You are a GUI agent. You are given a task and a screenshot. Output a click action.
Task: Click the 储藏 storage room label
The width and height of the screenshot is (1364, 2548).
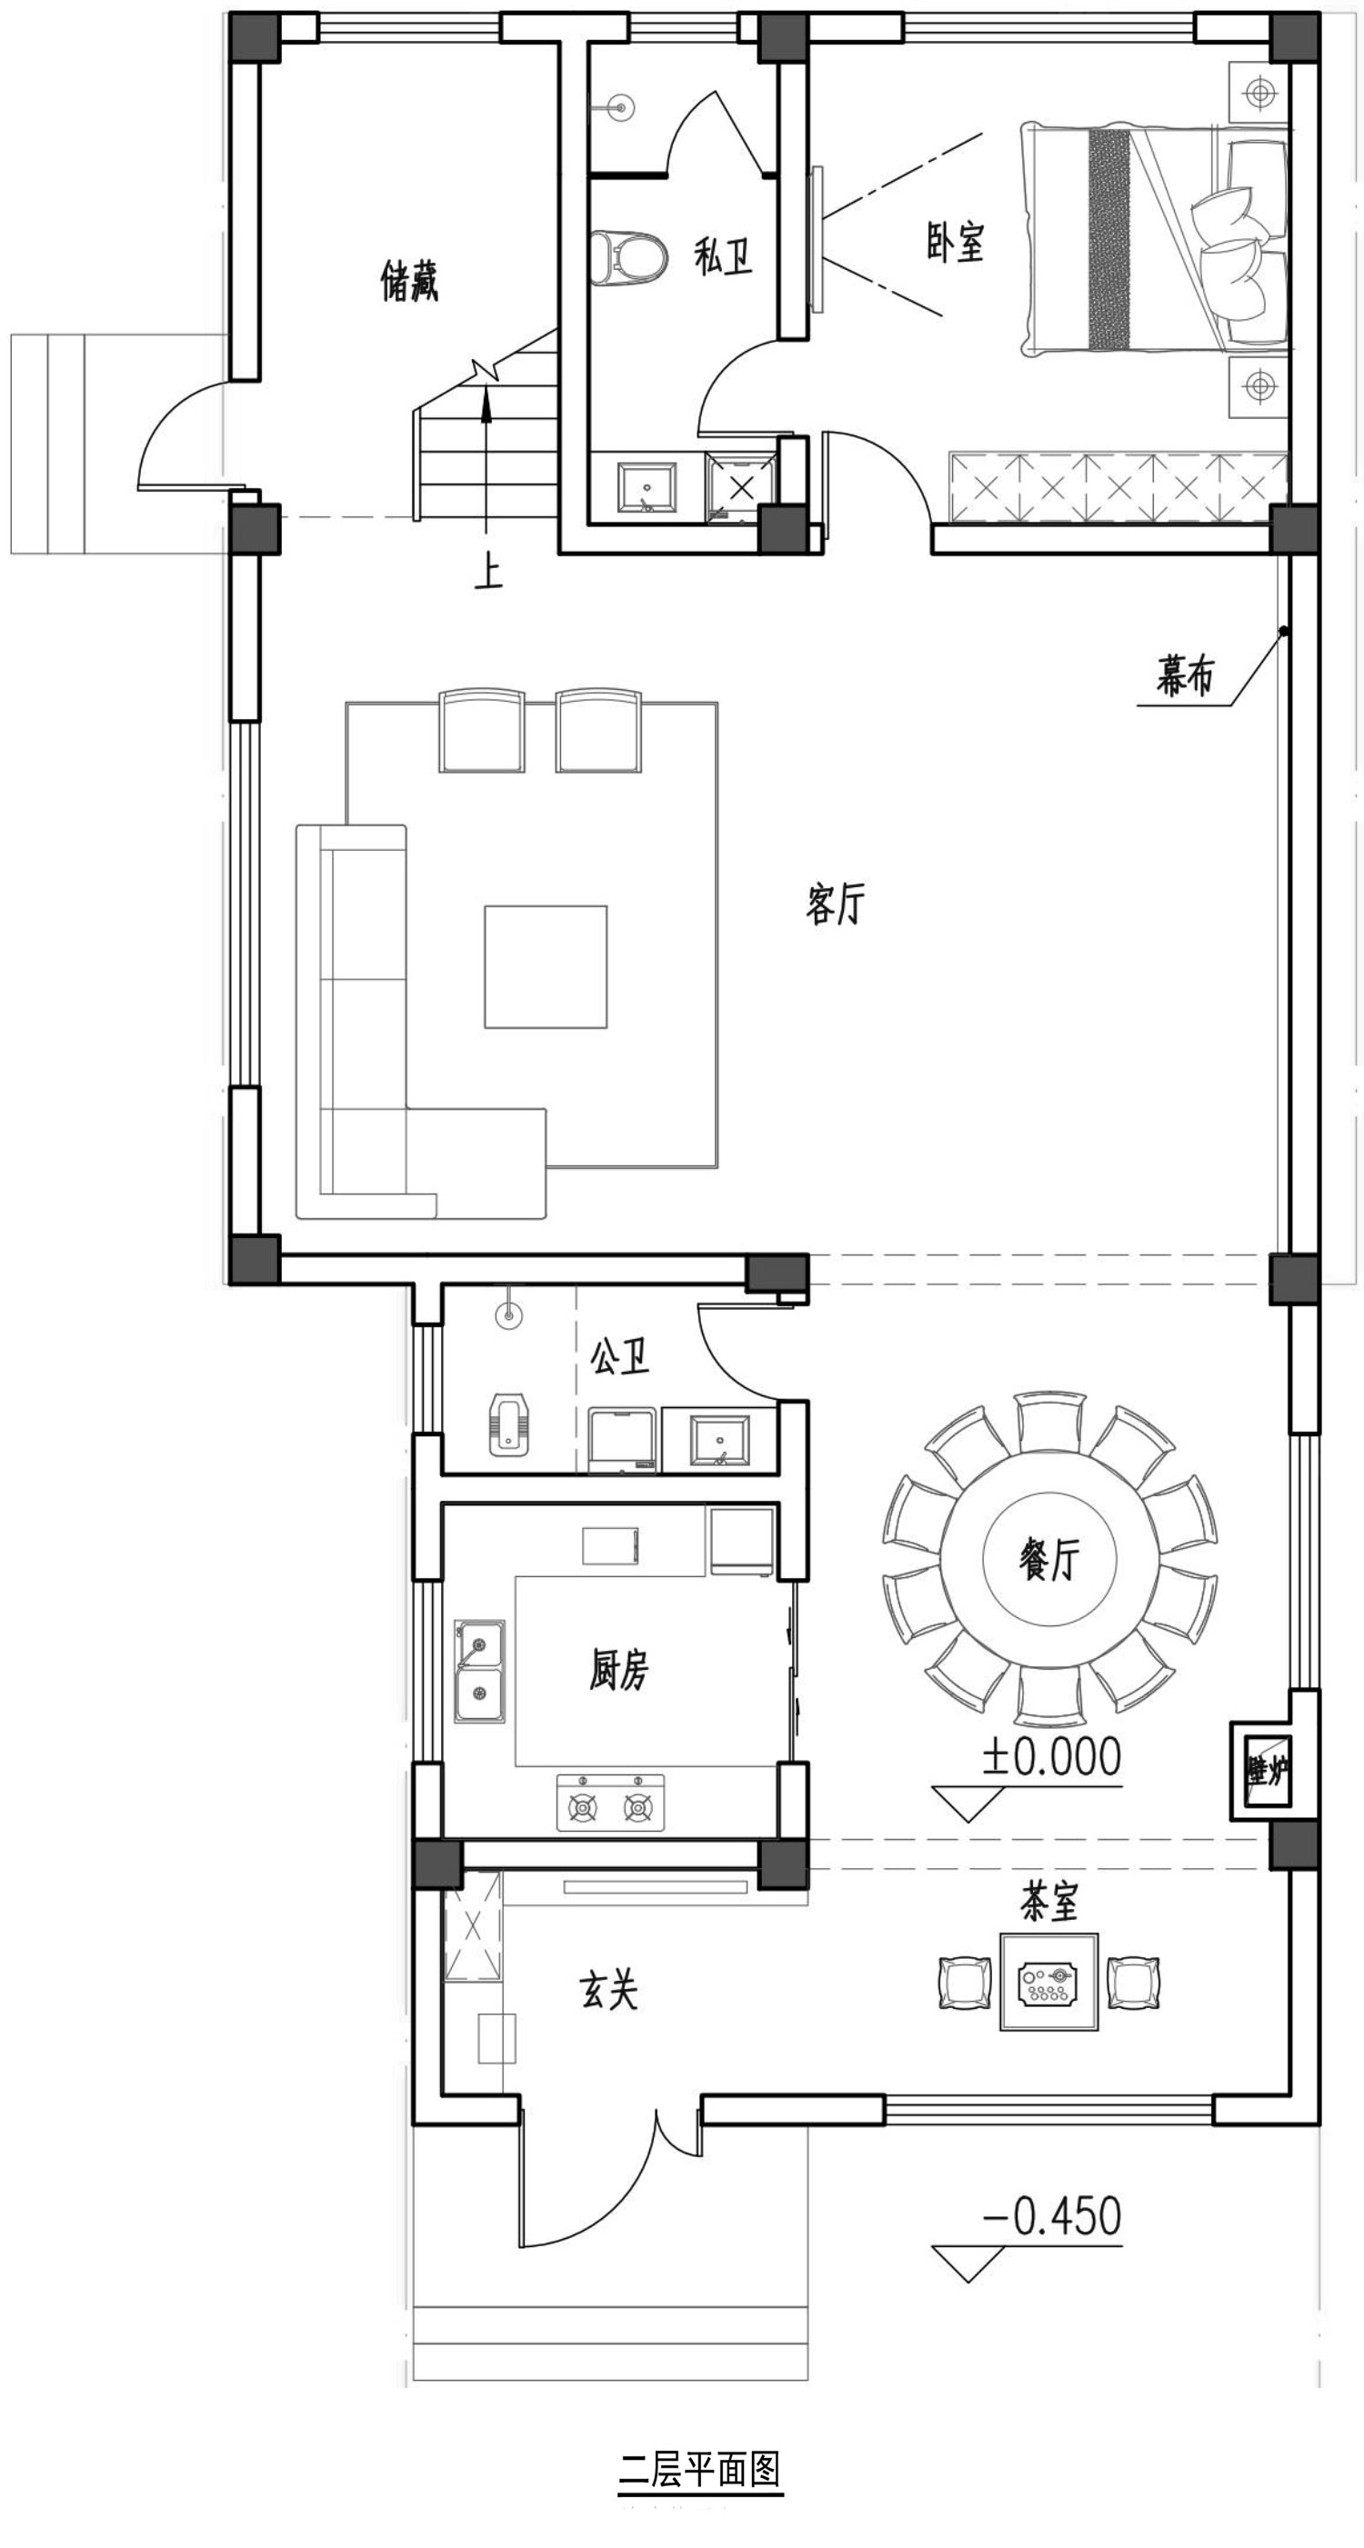click(409, 281)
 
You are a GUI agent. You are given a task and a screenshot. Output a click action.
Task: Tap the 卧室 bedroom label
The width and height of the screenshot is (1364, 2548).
click(956, 243)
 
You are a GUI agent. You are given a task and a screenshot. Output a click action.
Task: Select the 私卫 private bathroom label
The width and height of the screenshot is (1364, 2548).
click(723, 257)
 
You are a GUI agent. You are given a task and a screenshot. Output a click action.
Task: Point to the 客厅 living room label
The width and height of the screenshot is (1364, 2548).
click(836, 904)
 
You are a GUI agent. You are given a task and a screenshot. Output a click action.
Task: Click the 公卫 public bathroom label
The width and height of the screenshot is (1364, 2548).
click(620, 1357)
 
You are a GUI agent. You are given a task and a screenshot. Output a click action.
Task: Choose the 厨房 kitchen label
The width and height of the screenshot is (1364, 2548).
click(619, 1670)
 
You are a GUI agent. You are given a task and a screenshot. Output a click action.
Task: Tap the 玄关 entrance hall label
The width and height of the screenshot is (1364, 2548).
click(608, 1988)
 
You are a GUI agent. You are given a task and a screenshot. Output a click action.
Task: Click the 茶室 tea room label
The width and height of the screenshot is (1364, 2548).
click(1049, 1901)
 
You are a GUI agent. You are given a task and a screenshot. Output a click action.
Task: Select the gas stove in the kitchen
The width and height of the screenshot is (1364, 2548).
click(610, 1803)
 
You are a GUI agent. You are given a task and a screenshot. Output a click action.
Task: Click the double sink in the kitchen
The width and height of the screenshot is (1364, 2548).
click(480, 1670)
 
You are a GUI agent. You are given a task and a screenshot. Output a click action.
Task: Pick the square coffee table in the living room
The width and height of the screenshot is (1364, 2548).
click(545, 966)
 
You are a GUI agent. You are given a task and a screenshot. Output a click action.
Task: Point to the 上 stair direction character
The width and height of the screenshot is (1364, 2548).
click(487, 575)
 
